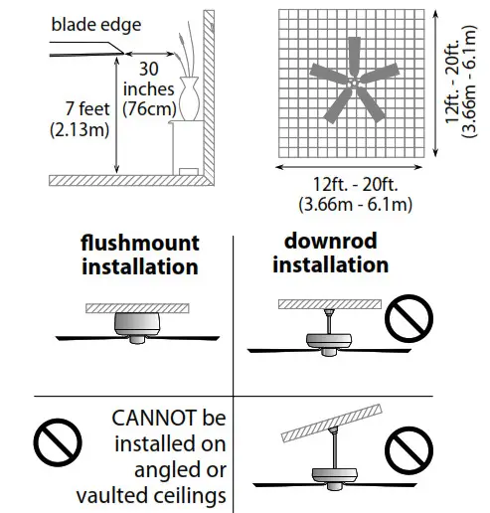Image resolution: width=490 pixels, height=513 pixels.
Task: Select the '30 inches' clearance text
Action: coord(148,81)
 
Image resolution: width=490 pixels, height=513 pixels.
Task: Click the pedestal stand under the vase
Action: coord(186,150)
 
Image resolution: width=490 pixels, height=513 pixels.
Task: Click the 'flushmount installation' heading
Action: coord(140,255)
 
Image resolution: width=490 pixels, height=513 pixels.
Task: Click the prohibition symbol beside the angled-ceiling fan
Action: coord(409,452)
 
